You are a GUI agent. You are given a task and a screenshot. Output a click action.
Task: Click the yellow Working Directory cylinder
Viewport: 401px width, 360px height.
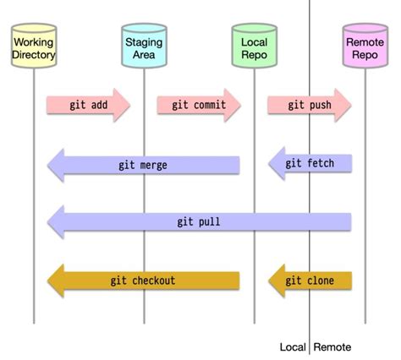(34, 46)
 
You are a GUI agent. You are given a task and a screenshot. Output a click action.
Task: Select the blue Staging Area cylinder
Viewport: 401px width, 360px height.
(144, 46)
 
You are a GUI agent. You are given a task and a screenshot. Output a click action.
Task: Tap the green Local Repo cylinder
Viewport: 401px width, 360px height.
(253, 46)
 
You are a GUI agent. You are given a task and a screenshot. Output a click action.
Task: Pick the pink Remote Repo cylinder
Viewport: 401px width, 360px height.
(365, 46)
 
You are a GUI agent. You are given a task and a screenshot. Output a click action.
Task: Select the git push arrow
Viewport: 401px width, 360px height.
(309, 105)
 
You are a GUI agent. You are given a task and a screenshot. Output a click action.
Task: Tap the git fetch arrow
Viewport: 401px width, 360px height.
(310, 164)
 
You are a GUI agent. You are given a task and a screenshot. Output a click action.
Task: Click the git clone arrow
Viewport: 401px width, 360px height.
(310, 281)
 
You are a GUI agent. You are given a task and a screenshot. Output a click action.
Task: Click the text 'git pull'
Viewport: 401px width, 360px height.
(200, 222)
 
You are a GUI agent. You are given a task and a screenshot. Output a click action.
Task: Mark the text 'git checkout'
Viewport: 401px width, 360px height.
(143, 281)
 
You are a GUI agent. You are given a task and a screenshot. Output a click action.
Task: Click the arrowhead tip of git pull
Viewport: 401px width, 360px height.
(48, 222)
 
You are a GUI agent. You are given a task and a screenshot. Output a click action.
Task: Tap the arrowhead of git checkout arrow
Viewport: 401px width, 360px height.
(55, 281)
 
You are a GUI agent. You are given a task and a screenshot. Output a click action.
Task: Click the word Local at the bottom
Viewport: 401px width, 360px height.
(293, 347)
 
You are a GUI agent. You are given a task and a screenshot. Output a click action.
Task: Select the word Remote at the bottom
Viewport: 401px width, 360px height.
(332, 347)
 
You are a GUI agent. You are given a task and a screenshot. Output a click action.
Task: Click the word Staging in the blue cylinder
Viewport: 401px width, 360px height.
(144, 41)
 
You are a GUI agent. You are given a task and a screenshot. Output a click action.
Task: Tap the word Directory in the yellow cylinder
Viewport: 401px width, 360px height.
(34, 55)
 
